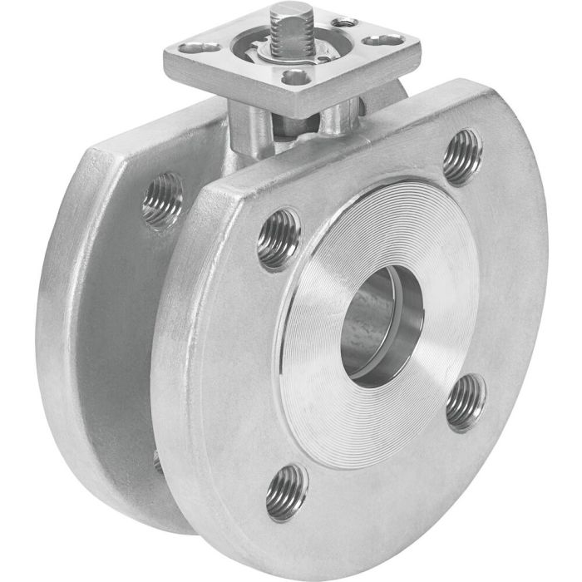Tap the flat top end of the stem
290,12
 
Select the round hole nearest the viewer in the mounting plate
293,77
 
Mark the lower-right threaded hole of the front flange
466,401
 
